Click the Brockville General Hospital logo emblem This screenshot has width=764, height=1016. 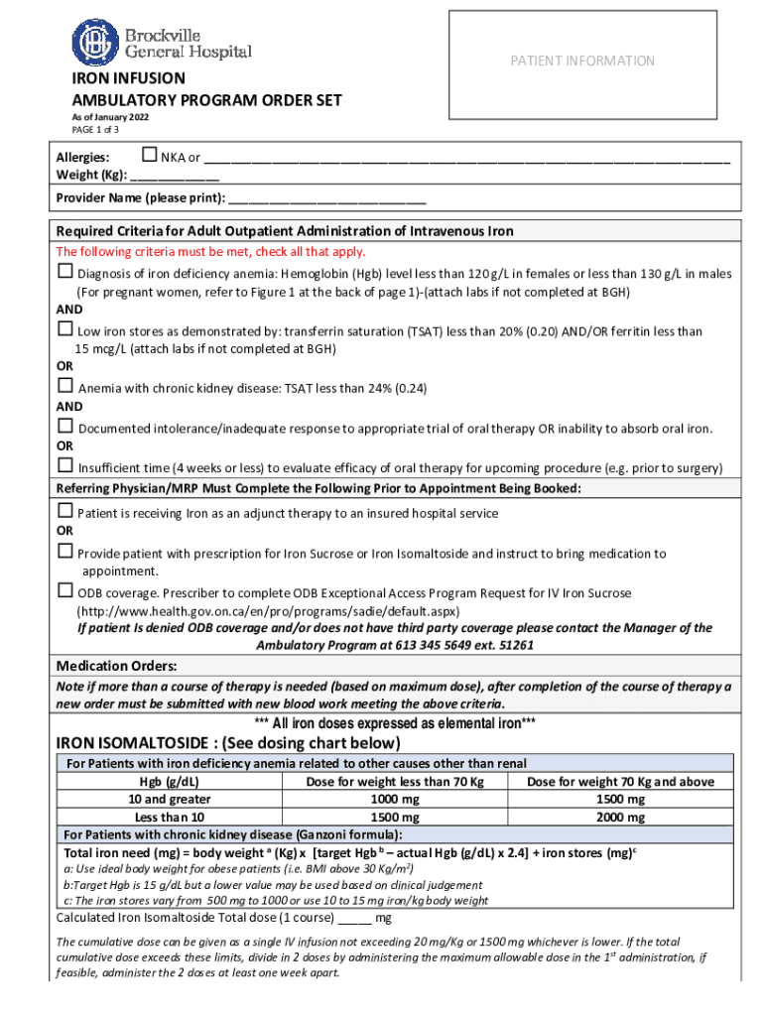click(x=94, y=44)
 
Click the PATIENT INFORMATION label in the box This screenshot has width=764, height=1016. click(x=581, y=61)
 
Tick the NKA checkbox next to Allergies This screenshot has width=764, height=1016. click(x=150, y=155)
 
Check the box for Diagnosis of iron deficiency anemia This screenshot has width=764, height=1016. click(x=64, y=272)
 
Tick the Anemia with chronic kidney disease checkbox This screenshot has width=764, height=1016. click(x=64, y=387)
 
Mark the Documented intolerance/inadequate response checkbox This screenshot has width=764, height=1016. click(x=64, y=427)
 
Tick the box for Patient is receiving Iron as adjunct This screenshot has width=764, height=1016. click(x=64, y=512)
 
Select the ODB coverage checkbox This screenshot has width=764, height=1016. click(x=64, y=592)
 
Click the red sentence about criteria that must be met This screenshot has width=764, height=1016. click(x=210, y=251)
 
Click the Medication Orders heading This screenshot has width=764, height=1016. click(x=116, y=665)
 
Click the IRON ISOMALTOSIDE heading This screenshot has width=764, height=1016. click(x=228, y=743)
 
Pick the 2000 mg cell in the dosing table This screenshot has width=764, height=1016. click(x=620, y=818)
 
